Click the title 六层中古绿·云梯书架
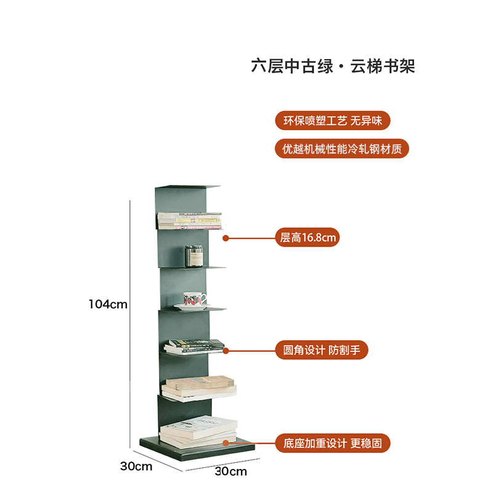pyautogui.click(x=333, y=66)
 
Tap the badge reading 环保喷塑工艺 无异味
pyautogui.click(x=333, y=120)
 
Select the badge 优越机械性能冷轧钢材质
pyautogui.click(x=341, y=149)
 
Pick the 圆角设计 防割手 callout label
pyautogui.click(x=321, y=351)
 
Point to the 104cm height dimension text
pyautogui.click(x=108, y=304)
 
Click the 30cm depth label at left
pyautogui.click(x=136, y=466)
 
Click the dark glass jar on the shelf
pyautogui.click(x=194, y=256)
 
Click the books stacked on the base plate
pyautogui.click(x=198, y=431)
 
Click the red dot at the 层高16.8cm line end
pyautogui.click(x=226, y=237)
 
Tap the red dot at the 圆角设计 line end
pyautogui.click(x=226, y=351)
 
